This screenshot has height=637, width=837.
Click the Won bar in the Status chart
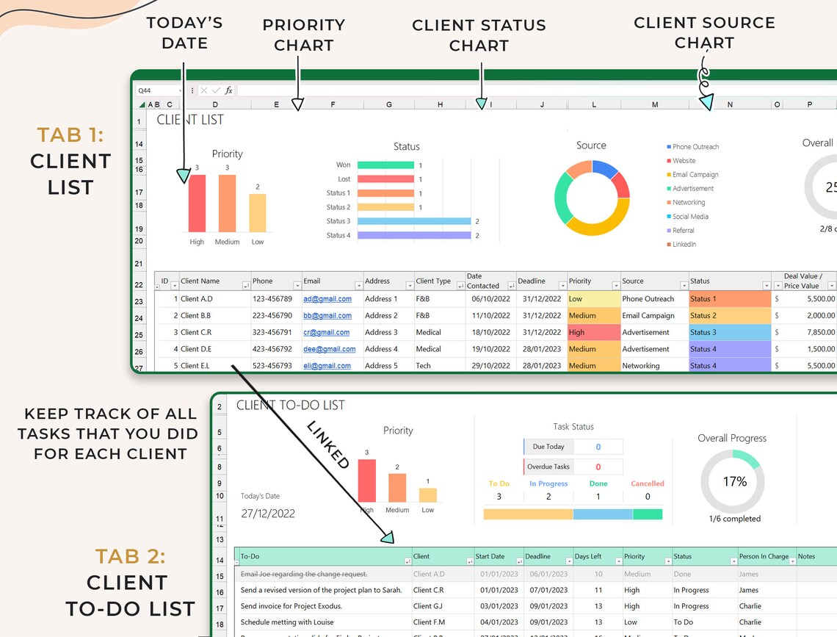(386, 165)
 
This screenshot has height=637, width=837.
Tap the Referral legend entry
(683, 231)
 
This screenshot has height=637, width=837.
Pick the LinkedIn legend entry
(684, 245)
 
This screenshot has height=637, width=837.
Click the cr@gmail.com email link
(326, 333)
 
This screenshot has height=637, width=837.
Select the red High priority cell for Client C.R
(593, 332)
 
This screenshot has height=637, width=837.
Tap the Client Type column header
(433, 281)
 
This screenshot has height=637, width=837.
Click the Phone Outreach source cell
(648, 299)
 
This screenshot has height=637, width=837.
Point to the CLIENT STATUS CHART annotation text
(479, 35)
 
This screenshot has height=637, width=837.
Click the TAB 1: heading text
(70, 135)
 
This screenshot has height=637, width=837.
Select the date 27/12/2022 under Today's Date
(268, 514)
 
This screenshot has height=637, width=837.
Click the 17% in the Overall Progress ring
(734, 482)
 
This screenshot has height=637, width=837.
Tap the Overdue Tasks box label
(548, 467)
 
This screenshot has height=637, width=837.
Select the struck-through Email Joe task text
(304, 575)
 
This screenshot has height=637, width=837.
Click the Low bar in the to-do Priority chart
(427, 494)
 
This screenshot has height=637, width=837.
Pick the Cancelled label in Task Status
(647, 484)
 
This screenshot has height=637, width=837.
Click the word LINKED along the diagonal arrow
(327, 445)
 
